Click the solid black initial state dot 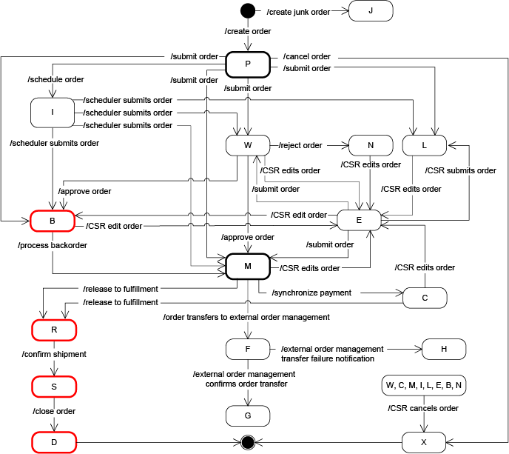pyautogui.click(x=248, y=11)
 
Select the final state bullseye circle pyautogui.click(x=249, y=443)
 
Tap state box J pyautogui.click(x=370, y=11)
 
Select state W pyautogui.click(x=249, y=145)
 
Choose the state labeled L pyautogui.click(x=425, y=145)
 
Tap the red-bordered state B pyautogui.click(x=53, y=220)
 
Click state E pyautogui.click(x=359, y=220)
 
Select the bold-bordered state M pyautogui.click(x=249, y=264)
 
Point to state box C pyautogui.click(x=425, y=297)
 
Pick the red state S pyautogui.click(x=53, y=386)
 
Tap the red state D pyautogui.click(x=53, y=442)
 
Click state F pyautogui.click(x=249, y=348)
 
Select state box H pyautogui.click(x=443, y=348)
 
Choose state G pyautogui.click(x=249, y=415)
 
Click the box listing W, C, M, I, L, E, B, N pyautogui.click(x=424, y=386)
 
